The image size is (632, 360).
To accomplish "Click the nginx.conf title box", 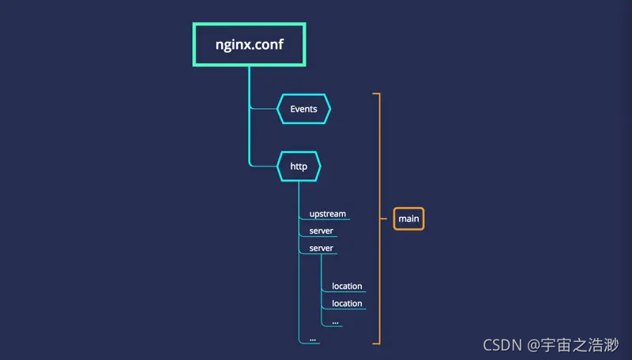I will (249, 44).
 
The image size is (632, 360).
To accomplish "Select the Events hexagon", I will (303, 109).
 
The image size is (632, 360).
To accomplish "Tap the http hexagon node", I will (299, 167).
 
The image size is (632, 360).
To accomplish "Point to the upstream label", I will (327, 214).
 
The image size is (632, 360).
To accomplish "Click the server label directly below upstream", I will (321, 231).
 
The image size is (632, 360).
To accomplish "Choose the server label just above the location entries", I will (321, 249).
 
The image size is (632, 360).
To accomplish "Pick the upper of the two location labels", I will (347, 286).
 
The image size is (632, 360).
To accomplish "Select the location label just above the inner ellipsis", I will (347, 303).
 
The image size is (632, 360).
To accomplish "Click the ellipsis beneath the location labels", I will (336, 321).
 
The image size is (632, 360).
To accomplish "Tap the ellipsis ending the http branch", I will (313, 339).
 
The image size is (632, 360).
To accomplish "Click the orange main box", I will (408, 218).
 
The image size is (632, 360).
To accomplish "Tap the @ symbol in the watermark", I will (533, 345).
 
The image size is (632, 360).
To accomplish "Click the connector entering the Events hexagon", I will (263, 109).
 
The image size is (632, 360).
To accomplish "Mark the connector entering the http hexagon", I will (263, 167).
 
